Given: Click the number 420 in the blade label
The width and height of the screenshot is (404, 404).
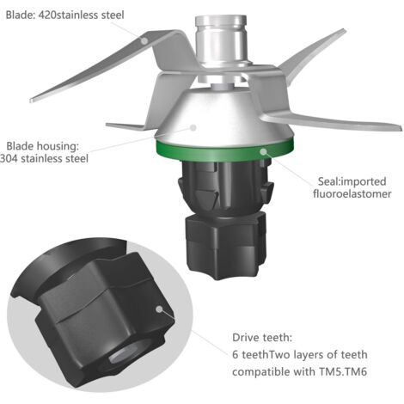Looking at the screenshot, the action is tap(47, 15).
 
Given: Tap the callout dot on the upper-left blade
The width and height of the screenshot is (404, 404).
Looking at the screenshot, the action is tap(144, 40).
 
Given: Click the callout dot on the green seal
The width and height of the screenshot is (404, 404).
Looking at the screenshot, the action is tap(263, 151).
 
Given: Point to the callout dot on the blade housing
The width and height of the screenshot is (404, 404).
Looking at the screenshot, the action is tap(193, 127).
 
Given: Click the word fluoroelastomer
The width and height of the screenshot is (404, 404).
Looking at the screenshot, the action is tap(352, 194).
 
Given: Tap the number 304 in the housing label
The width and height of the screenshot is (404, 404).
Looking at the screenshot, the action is tap(9, 158).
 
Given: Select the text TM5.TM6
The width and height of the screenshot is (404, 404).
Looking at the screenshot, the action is tap(343, 372).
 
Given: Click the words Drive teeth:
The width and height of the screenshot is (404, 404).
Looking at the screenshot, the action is tap(262, 338).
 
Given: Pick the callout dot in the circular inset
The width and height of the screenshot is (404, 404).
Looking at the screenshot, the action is tap(159, 309).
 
